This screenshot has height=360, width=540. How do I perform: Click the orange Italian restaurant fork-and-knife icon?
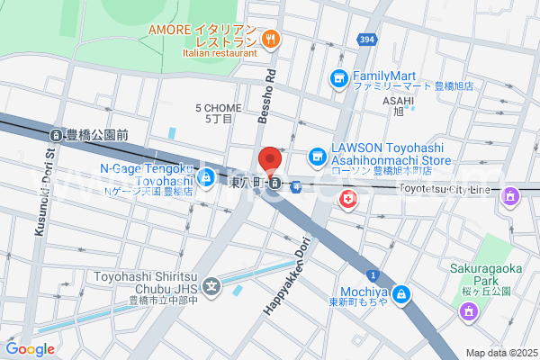(271, 39)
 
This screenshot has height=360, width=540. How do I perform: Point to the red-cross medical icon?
(347, 200)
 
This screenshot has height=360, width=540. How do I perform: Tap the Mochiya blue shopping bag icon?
(401, 293)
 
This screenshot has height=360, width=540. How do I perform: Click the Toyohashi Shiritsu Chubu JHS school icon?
(211, 288)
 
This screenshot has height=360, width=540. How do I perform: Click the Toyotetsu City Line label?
(445, 190)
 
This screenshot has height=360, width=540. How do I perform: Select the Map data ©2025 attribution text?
(499, 353)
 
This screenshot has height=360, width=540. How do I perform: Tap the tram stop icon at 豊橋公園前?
(56, 135)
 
